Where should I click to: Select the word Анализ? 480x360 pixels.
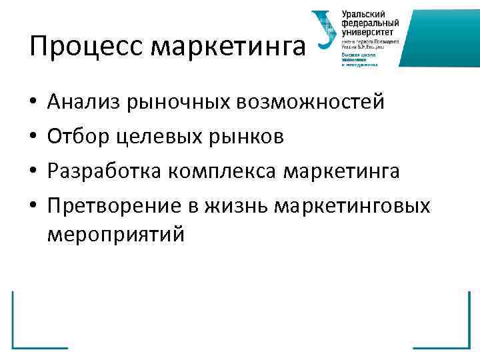coord(80,103)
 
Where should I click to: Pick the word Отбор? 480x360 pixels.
coord(75,137)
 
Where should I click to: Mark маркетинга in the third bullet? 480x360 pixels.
coord(343,171)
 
